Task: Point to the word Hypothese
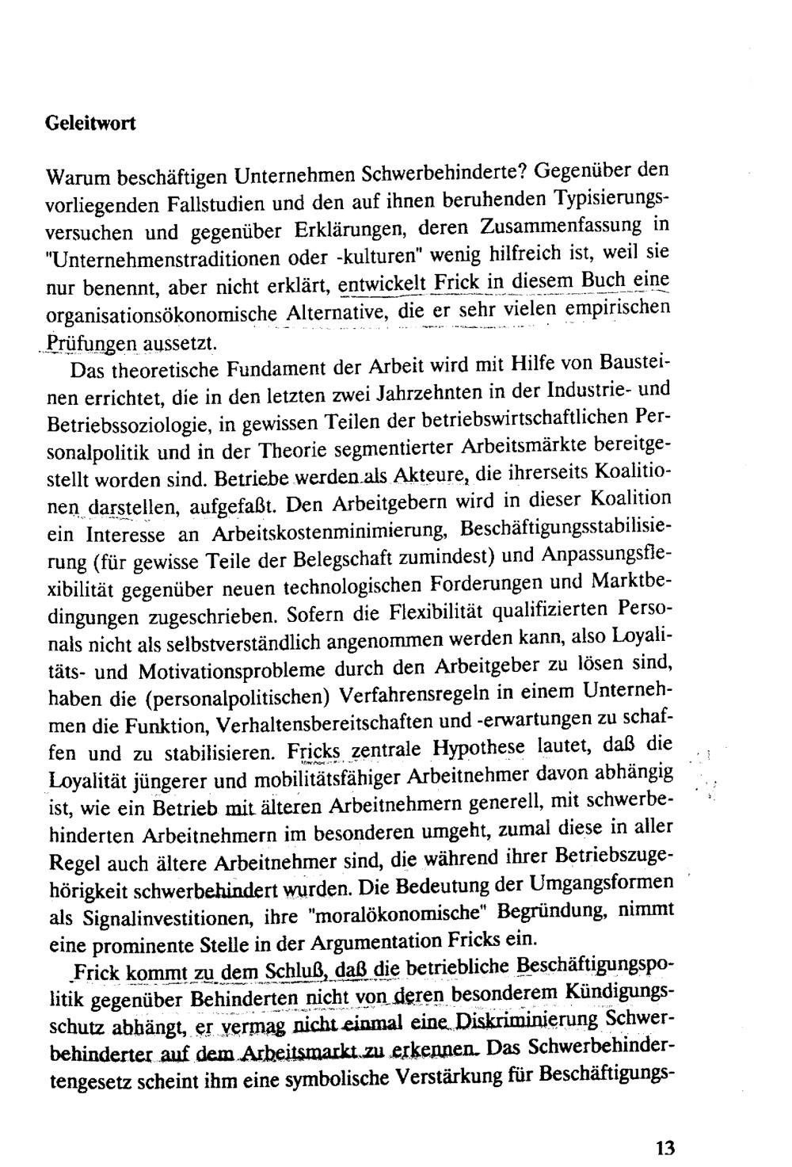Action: click(481, 747)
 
